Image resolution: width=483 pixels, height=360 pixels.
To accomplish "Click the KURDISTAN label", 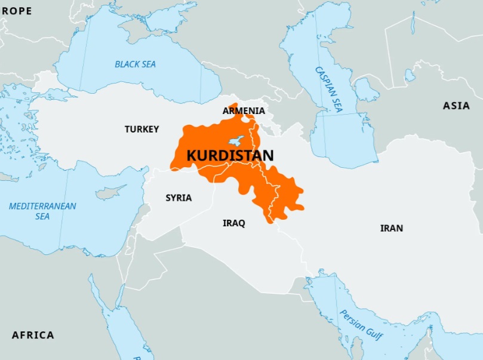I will click(230, 156).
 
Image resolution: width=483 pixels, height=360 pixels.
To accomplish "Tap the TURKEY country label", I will click(141, 129).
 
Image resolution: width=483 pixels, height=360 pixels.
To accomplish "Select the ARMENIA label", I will click(244, 111).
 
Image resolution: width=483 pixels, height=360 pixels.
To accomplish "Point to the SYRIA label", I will click(179, 198).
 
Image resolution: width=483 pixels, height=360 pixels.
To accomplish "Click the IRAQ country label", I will click(233, 223).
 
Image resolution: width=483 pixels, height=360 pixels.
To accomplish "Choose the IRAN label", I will click(391, 228).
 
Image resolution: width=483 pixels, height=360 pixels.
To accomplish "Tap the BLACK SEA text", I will click(135, 64).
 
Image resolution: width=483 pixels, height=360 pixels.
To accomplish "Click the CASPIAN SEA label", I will click(329, 90).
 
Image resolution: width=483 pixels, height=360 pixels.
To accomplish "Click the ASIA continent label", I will click(456, 106).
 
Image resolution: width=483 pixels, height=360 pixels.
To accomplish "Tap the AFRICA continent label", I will click(33, 335).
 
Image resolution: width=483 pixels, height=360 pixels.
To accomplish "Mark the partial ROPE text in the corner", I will click(16, 11).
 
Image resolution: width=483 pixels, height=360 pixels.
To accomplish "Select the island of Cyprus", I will click(111, 192).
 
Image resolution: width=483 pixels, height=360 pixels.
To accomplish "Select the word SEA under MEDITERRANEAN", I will click(42, 217).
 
